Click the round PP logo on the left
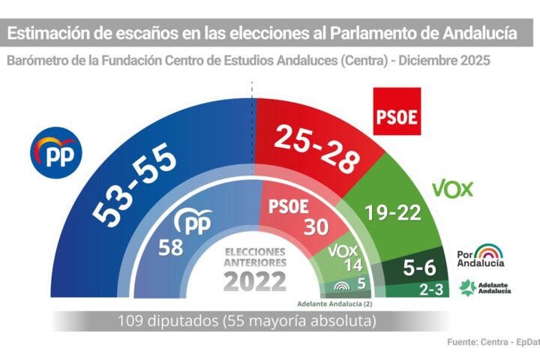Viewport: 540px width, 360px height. [x=55, y=153]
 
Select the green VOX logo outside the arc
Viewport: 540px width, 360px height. [x=453, y=188]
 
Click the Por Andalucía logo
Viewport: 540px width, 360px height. [x=481, y=255]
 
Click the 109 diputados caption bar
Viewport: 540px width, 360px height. [x=247, y=320]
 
